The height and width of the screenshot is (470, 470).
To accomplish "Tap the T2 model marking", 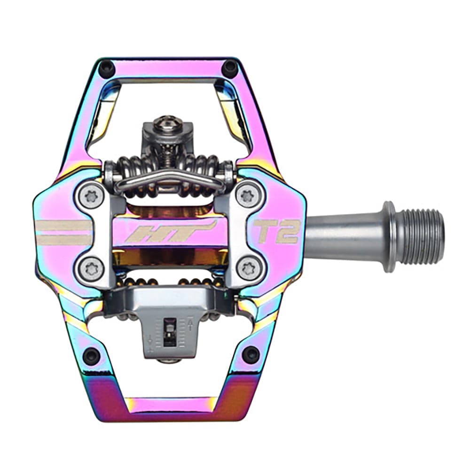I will pos(276,231).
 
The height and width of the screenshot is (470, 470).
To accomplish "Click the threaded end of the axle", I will pos(421,236).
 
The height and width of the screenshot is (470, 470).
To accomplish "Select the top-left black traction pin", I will pos(108,69).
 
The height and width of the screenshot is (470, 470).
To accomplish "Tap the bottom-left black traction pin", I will pos(91,355).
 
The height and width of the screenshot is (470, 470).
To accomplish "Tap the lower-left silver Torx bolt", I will pos(91,269).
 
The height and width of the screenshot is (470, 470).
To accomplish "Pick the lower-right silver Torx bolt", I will pos(248,269).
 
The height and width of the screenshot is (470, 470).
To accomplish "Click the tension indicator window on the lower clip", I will pos(169,331).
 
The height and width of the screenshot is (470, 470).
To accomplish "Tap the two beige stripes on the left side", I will pos(64,233).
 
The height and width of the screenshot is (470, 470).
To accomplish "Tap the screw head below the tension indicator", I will pos(169,360).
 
